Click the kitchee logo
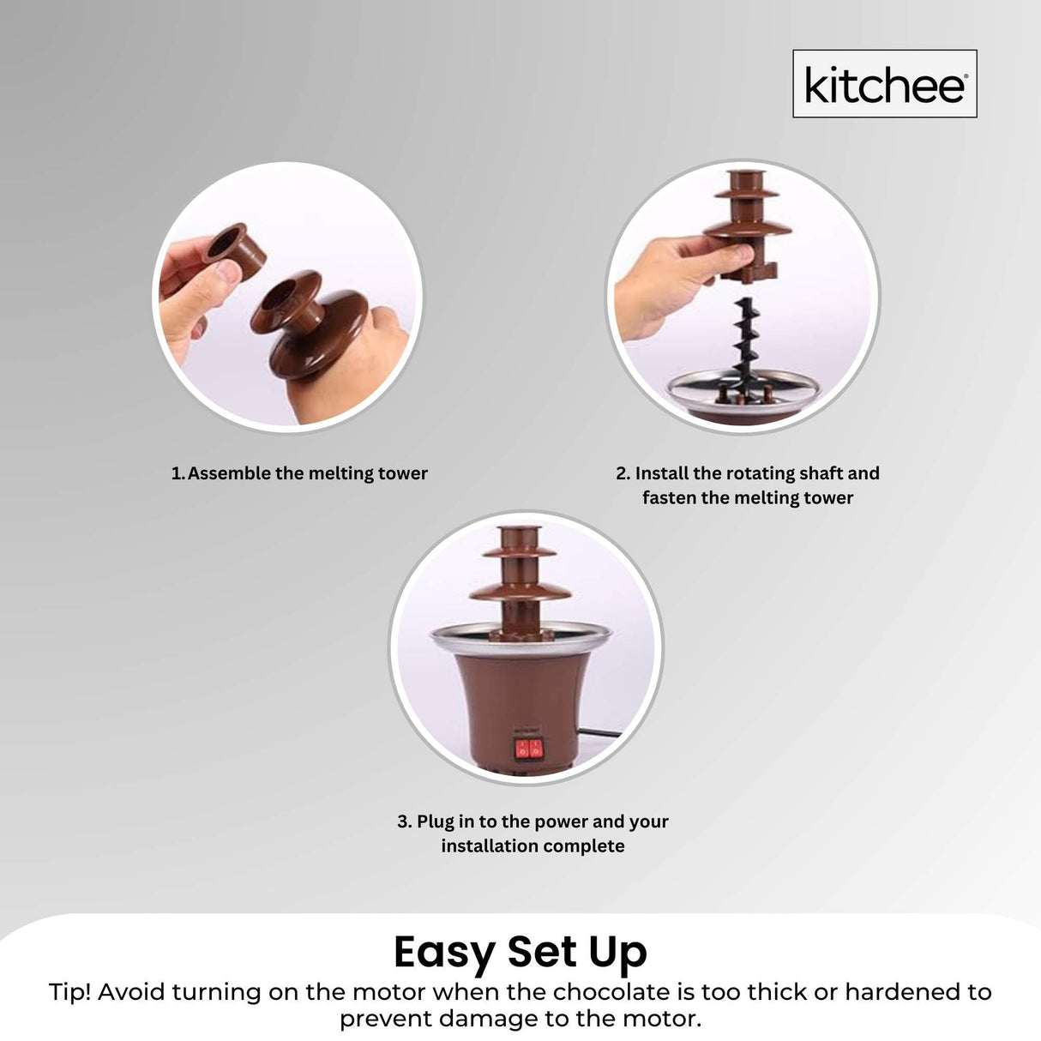[x=884, y=84]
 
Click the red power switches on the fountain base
[x=527, y=749]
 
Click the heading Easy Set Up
[x=520, y=951]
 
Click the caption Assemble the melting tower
[x=307, y=473]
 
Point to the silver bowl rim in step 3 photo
[x=520, y=635]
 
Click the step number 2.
[x=622, y=473]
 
